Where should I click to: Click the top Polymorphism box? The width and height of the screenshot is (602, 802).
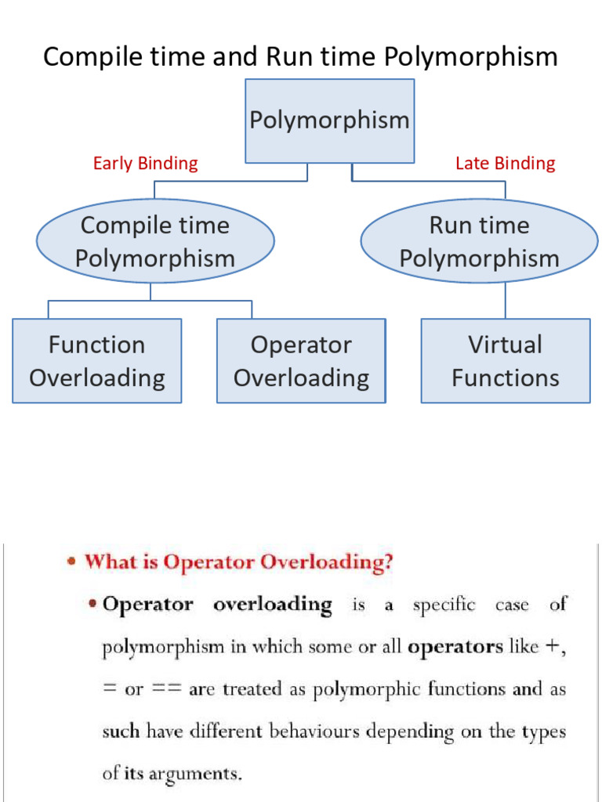[329, 121]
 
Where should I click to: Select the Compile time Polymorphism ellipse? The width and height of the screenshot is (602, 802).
[155, 241]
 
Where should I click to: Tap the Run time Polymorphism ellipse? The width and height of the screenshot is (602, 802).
[479, 241]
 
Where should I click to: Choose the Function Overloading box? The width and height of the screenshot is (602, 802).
[96, 361]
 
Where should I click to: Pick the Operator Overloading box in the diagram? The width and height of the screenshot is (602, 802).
[301, 361]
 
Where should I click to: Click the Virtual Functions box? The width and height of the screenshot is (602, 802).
[505, 361]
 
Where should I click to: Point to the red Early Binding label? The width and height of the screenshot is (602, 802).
[145, 163]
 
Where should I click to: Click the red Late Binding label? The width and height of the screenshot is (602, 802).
[505, 163]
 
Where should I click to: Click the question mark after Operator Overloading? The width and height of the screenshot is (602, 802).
[387, 563]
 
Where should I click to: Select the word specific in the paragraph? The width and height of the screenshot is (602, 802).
[444, 605]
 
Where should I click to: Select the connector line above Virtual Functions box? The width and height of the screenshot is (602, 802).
[505, 300]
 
